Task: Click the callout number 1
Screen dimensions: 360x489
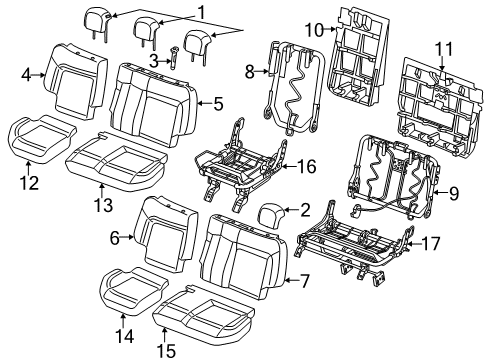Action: (202, 12)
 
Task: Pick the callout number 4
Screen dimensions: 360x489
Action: (26, 72)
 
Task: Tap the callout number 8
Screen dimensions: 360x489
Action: (249, 71)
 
